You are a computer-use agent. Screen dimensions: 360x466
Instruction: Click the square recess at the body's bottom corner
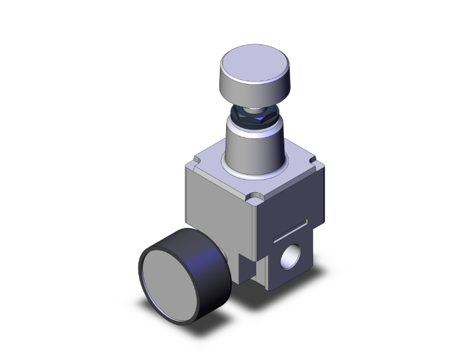click(253, 269)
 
